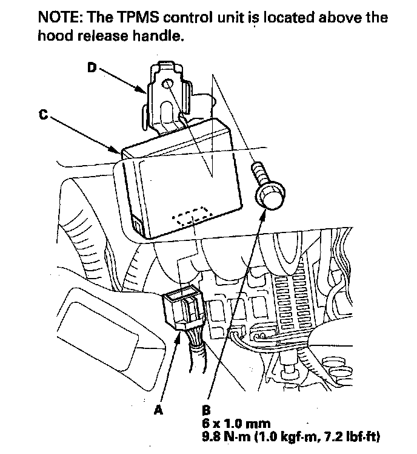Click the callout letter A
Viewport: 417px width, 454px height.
[x=159, y=410]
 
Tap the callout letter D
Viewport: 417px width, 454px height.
[x=92, y=68]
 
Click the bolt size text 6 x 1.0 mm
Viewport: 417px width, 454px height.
[x=235, y=422]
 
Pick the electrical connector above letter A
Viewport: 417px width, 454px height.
[x=182, y=310]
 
